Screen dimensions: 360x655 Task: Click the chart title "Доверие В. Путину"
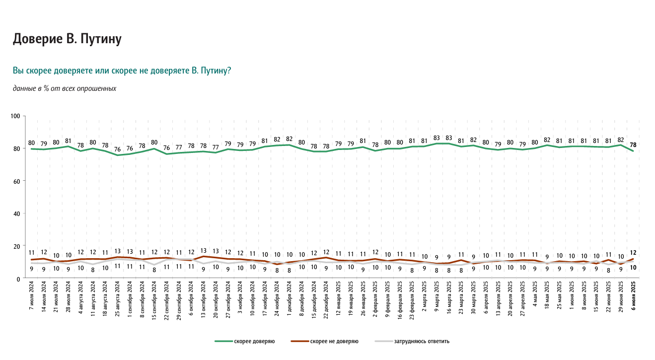pos(67,39)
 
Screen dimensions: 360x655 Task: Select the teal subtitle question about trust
pos(122,71)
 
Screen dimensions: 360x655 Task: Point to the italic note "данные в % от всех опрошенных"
pos(64,88)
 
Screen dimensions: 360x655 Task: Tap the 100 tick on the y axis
pos(15,116)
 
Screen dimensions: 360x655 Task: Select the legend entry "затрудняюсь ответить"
pos(422,342)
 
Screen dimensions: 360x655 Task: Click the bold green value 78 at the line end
pos(633,145)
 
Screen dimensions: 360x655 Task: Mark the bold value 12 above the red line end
pos(633,253)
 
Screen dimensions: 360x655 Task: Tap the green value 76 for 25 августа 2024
pos(118,149)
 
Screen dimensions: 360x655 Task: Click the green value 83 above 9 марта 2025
pos(437,138)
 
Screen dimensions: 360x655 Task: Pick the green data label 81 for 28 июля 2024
pos(69,141)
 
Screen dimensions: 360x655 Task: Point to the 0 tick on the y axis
pos(18,279)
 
